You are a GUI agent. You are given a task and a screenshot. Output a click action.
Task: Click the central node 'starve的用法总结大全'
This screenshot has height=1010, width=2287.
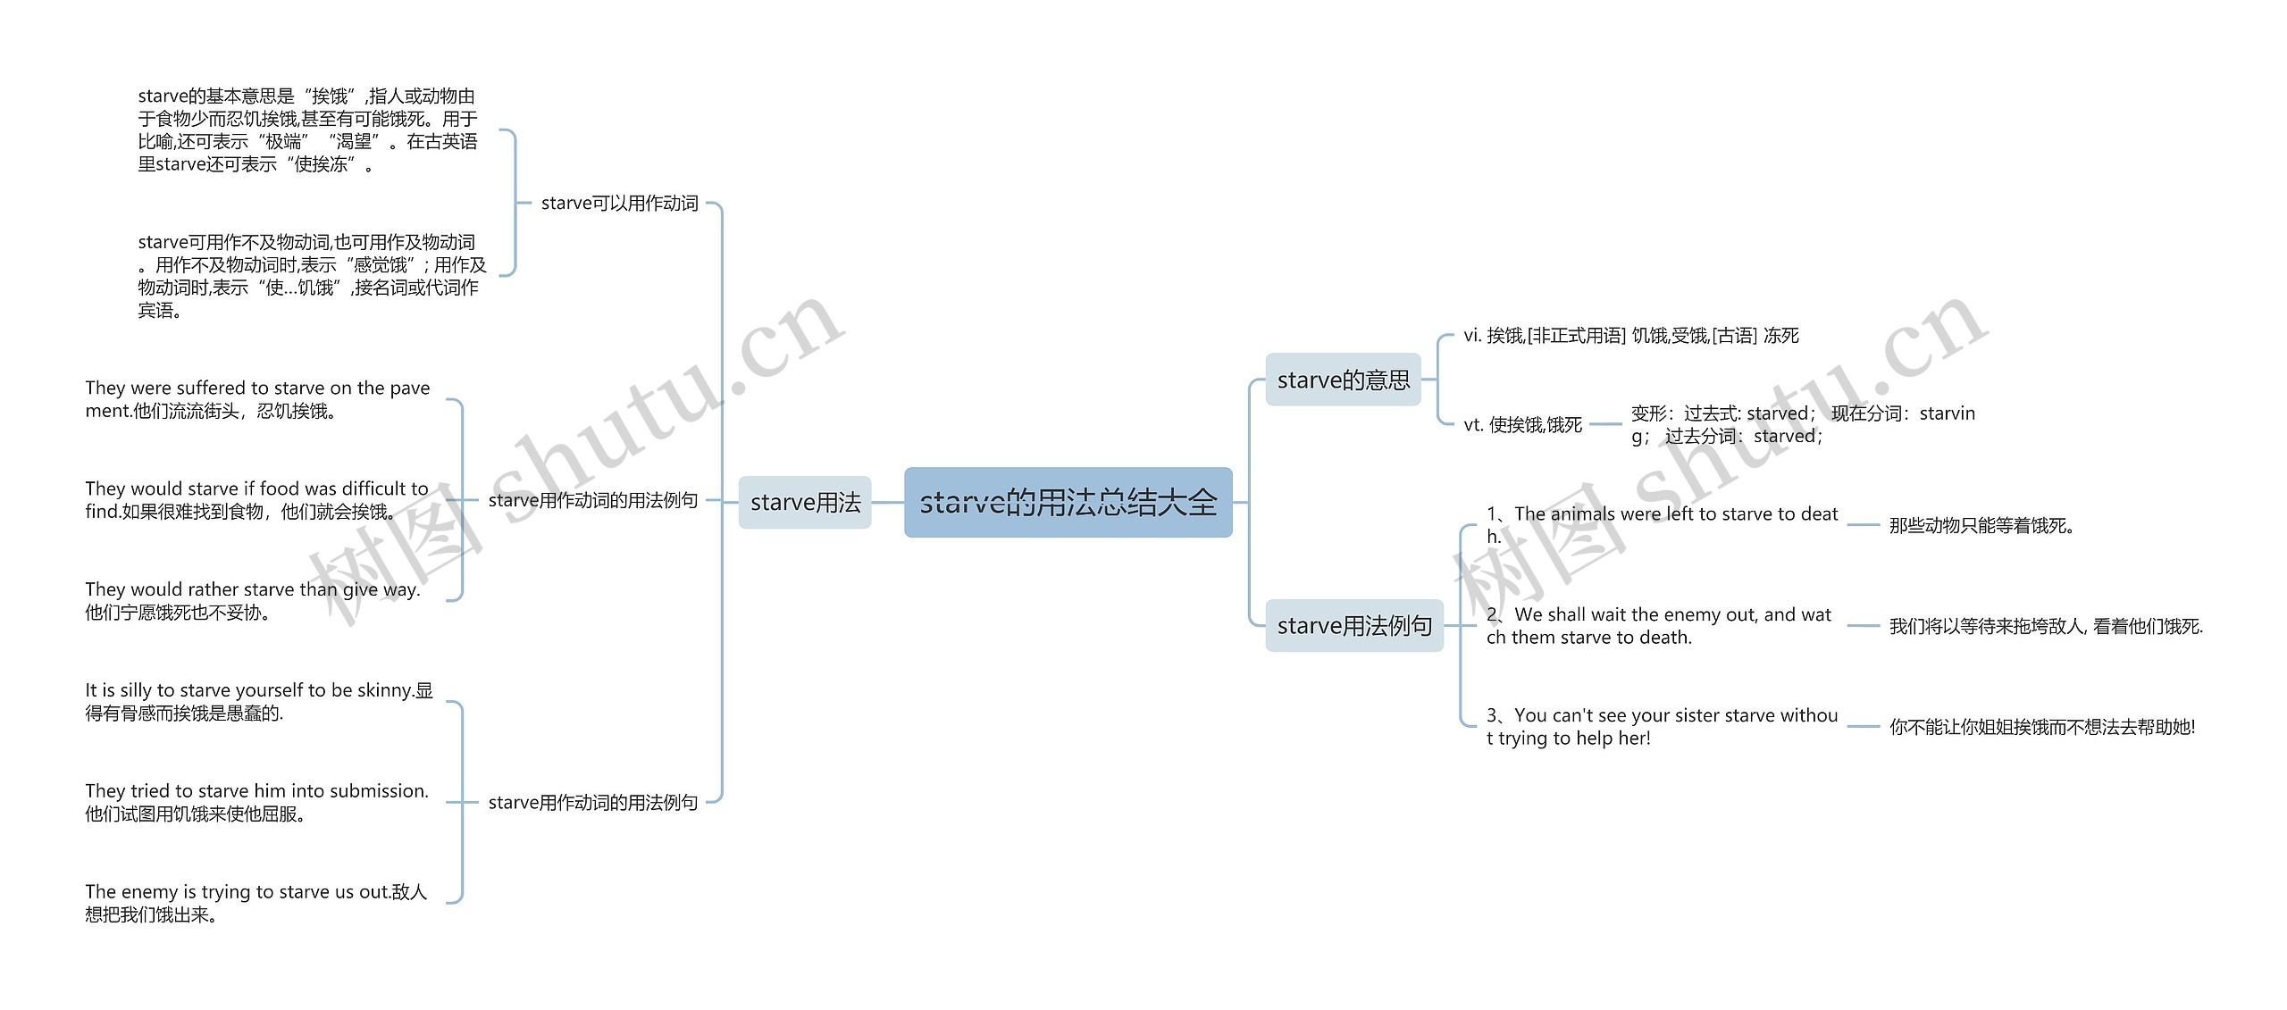tap(1068, 503)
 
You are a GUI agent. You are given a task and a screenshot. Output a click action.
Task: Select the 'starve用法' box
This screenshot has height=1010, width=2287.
tap(804, 503)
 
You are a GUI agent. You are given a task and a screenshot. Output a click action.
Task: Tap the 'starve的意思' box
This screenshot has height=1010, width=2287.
tap(1343, 380)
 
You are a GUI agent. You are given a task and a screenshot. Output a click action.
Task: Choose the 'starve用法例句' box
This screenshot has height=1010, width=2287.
tap(1353, 626)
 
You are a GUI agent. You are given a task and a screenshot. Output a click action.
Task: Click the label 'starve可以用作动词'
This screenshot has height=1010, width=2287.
tap(619, 204)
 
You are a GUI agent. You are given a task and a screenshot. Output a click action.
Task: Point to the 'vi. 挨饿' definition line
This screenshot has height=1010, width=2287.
tap(1630, 336)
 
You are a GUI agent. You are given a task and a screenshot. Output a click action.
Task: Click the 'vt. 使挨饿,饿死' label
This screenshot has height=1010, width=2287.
tap(1522, 425)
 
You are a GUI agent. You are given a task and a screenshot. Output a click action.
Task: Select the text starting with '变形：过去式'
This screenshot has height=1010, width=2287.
tap(1802, 425)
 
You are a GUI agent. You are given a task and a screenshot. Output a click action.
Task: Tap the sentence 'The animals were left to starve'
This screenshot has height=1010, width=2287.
tap(1662, 525)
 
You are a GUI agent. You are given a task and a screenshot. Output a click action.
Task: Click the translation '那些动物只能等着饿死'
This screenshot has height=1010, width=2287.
tap(1981, 526)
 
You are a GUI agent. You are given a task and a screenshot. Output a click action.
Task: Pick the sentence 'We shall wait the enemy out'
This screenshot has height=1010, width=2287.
tap(1659, 626)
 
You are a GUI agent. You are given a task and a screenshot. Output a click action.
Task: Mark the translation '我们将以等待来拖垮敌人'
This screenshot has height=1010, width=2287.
tap(2046, 627)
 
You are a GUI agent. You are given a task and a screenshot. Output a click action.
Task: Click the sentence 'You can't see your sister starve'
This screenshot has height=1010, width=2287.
tap(1662, 727)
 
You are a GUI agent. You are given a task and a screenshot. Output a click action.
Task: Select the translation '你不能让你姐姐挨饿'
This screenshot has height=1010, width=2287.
tap(2041, 728)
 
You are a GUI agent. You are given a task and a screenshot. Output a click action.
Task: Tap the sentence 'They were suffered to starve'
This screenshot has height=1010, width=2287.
tap(257, 399)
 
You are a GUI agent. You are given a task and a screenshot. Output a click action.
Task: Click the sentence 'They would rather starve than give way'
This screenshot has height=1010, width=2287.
tap(252, 601)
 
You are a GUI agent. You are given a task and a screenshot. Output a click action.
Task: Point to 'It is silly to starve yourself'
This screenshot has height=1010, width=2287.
tap(258, 702)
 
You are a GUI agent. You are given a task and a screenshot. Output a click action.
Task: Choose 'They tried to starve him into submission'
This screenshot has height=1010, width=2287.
tap(256, 802)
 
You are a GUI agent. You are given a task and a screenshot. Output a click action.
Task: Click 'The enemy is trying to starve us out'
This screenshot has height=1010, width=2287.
tap(256, 903)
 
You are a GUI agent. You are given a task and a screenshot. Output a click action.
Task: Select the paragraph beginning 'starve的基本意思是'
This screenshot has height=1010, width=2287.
tap(307, 130)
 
